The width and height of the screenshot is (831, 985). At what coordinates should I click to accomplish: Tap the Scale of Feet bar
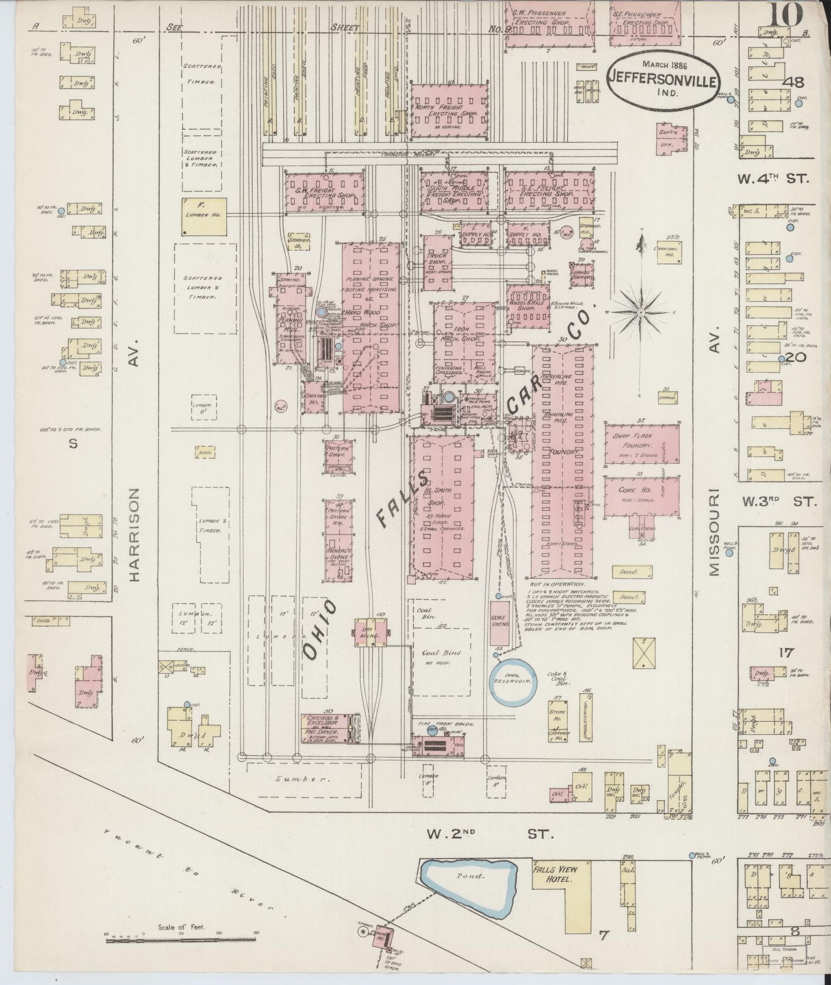pos(181,941)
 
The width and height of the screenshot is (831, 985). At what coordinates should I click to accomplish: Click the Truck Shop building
pos(437,263)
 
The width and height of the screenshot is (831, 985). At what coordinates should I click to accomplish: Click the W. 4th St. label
pos(773,179)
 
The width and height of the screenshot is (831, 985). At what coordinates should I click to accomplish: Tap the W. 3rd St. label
pos(779,501)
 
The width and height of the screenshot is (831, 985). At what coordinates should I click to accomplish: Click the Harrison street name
pos(135,535)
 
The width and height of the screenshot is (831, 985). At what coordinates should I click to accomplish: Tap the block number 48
pos(794,82)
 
